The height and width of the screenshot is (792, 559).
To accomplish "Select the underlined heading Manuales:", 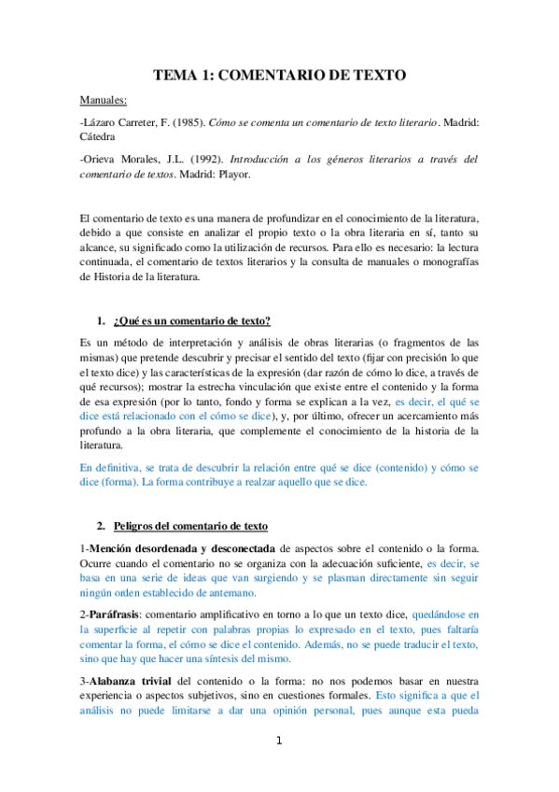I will point(104,100).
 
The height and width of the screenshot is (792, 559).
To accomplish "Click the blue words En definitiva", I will point(111,467).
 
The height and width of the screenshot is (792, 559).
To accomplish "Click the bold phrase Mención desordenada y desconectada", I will point(181,546).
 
